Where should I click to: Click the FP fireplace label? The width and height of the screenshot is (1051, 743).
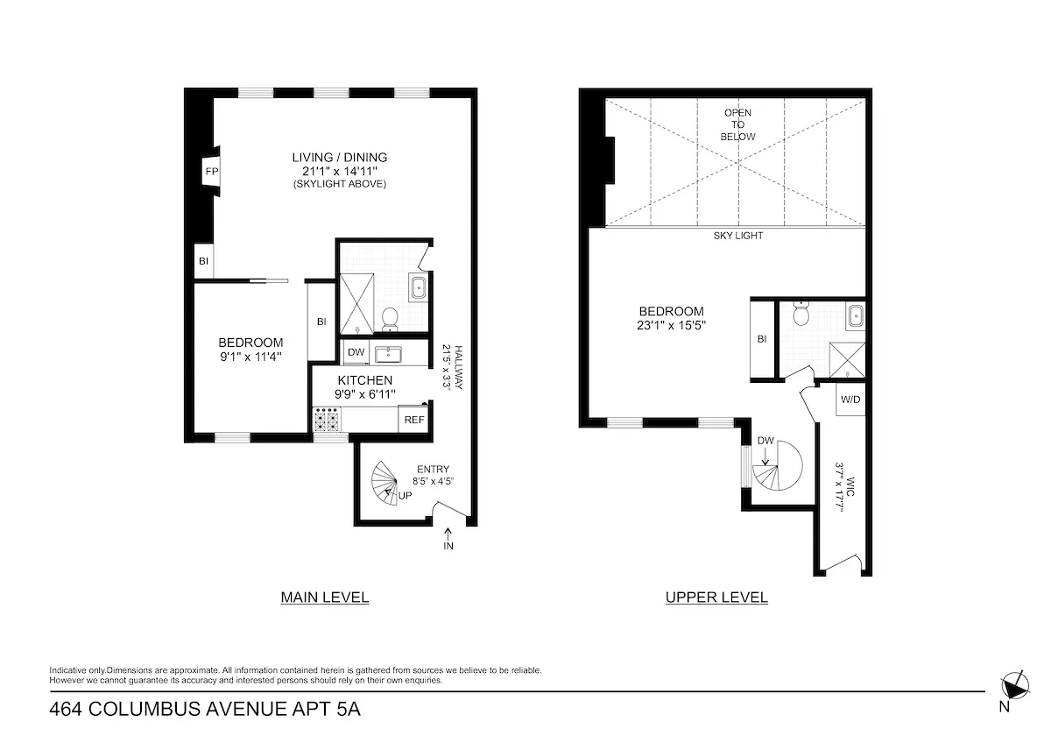(211, 172)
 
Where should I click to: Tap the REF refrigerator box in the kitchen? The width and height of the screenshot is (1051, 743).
(414, 420)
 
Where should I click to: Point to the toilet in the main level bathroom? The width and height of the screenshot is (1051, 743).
(391, 319)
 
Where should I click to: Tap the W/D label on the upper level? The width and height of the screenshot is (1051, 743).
(850, 400)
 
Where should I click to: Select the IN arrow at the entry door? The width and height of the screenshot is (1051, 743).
(449, 537)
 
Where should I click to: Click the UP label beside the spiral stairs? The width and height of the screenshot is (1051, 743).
(406, 495)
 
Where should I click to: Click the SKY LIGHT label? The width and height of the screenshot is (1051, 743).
(738, 236)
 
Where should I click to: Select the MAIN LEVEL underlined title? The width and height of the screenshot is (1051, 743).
(324, 598)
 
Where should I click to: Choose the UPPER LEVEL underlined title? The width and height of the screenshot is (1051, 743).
(716, 598)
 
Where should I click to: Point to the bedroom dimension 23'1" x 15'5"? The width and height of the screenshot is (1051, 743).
(671, 325)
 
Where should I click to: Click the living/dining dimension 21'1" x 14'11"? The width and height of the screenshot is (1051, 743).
(339, 171)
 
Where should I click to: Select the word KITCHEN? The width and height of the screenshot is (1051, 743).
(364, 380)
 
